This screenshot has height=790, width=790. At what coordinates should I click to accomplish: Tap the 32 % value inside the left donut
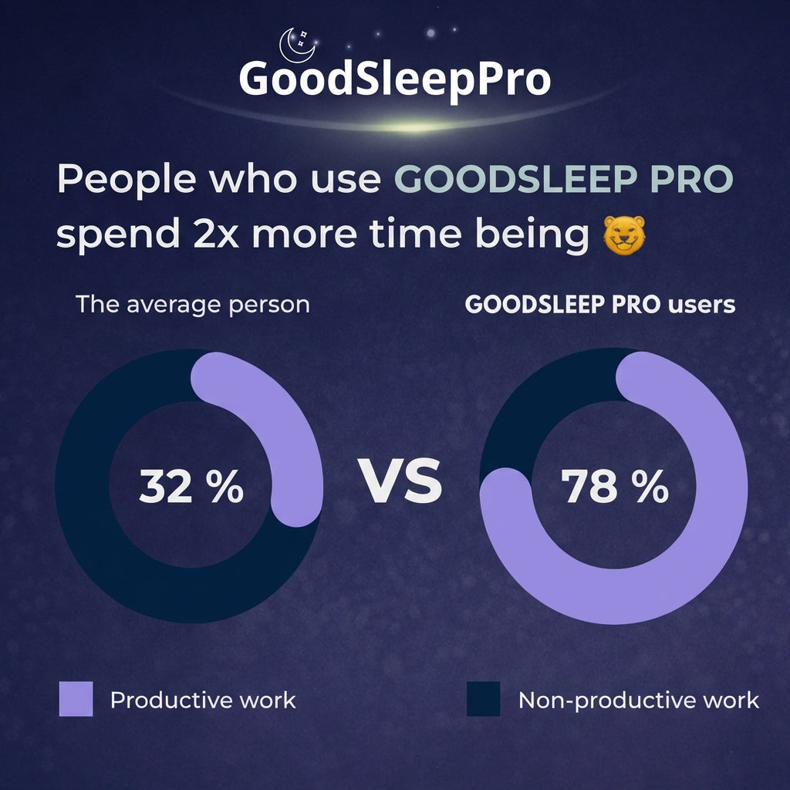[191, 487]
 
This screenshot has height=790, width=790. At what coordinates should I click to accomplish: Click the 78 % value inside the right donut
[614, 487]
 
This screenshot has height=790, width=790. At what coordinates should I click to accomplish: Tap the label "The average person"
[193, 304]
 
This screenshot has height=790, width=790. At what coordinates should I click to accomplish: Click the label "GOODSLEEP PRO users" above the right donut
[600, 305]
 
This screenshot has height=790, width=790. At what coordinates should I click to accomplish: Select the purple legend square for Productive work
[76, 699]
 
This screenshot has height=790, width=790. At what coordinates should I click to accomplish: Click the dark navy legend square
[484, 699]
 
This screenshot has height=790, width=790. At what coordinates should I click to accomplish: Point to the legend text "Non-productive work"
[639, 700]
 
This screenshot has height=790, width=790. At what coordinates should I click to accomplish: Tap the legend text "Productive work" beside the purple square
[203, 700]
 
